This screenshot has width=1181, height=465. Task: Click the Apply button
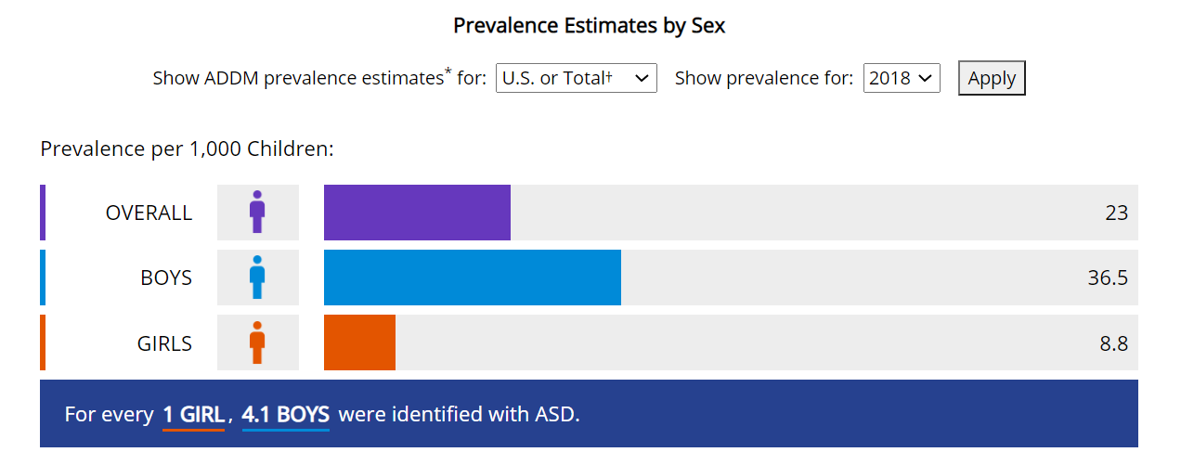(x=992, y=78)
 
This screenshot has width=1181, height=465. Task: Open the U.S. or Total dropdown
(x=577, y=78)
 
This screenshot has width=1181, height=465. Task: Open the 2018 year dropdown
(x=902, y=78)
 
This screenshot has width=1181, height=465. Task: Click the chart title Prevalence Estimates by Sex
(x=590, y=25)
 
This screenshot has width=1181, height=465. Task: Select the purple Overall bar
(x=417, y=213)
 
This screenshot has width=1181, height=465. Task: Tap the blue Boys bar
(x=473, y=278)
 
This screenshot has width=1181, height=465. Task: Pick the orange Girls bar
(x=359, y=342)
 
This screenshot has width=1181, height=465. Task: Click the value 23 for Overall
(x=1116, y=213)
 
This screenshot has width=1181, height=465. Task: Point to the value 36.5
(x=1108, y=278)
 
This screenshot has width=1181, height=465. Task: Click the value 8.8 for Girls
(x=1113, y=343)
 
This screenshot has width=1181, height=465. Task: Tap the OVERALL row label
(x=149, y=213)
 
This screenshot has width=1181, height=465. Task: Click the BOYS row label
(x=166, y=278)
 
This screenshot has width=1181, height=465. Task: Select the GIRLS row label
(x=164, y=343)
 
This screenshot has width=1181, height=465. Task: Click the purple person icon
(x=257, y=212)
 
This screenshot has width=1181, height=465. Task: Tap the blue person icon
(x=257, y=278)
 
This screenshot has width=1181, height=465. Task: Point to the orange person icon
(x=257, y=342)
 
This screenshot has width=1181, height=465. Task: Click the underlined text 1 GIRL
(x=193, y=415)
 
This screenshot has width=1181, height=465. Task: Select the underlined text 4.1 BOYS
(x=286, y=415)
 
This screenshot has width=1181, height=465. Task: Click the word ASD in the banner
(x=556, y=414)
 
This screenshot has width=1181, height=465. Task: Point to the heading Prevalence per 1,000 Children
(x=188, y=149)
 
